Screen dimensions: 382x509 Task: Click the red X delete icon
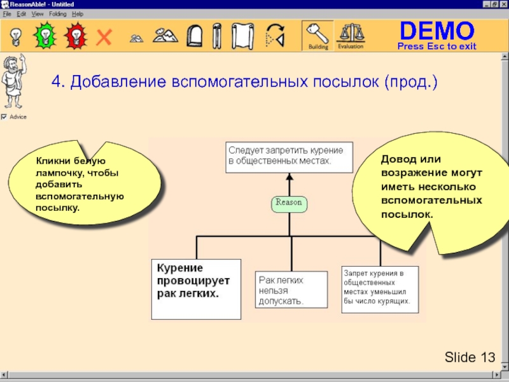(103, 37)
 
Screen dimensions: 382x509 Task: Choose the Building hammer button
(317, 36)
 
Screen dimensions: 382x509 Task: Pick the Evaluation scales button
(350, 36)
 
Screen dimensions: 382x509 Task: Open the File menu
(7, 13)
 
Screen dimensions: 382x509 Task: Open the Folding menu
(57, 13)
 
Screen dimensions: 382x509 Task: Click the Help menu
(78, 13)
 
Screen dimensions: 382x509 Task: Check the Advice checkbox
(4, 117)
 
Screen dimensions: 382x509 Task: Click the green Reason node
(288, 204)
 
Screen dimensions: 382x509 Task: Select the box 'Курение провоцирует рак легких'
(196, 288)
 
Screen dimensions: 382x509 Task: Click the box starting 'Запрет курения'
(379, 288)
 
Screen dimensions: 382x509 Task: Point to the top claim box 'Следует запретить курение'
(289, 156)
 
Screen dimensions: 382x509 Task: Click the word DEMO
(436, 31)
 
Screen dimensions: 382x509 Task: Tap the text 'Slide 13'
(470, 357)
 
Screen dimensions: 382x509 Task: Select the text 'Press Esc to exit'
(436, 46)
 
